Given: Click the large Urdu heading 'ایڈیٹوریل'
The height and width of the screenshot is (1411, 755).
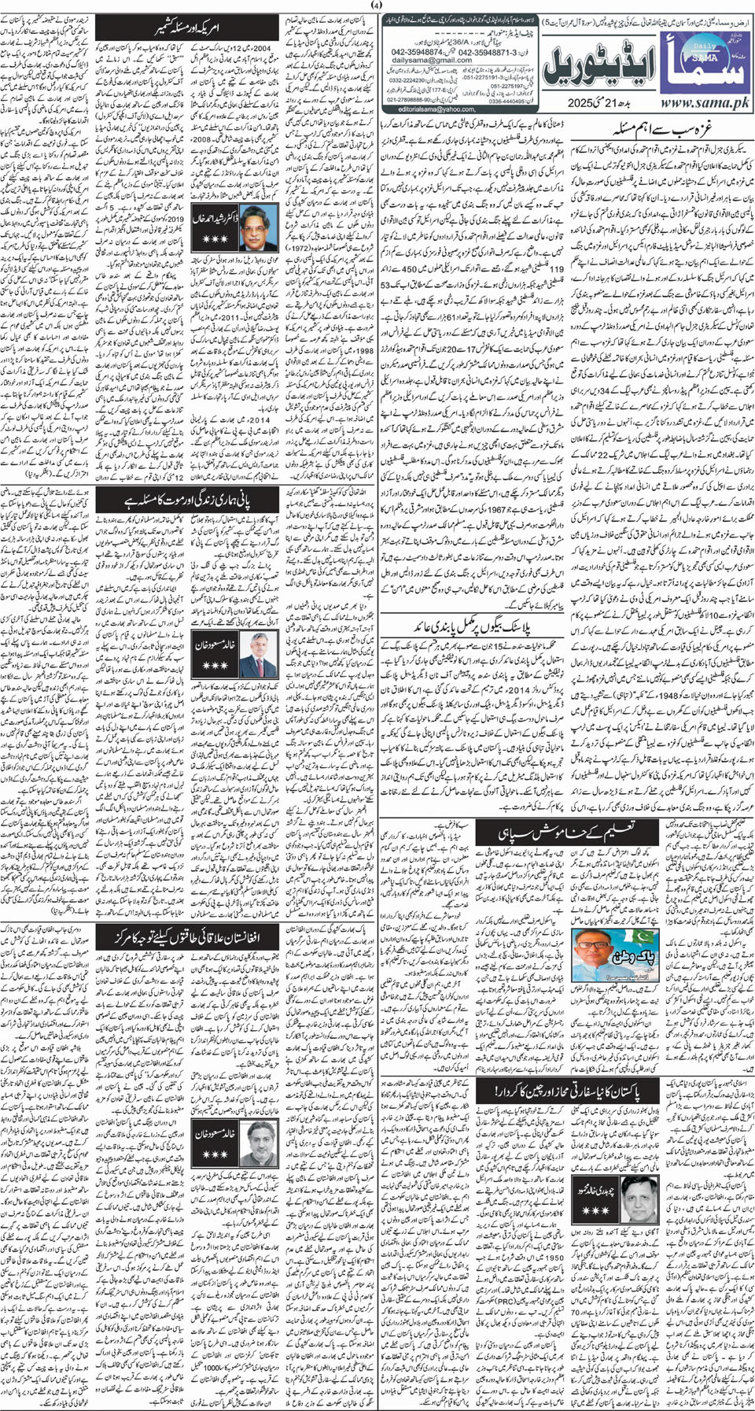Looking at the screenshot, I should pyautogui.click(x=595, y=62).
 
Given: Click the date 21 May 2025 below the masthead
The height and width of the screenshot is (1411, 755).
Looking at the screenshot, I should pyautogui.click(x=598, y=103).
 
